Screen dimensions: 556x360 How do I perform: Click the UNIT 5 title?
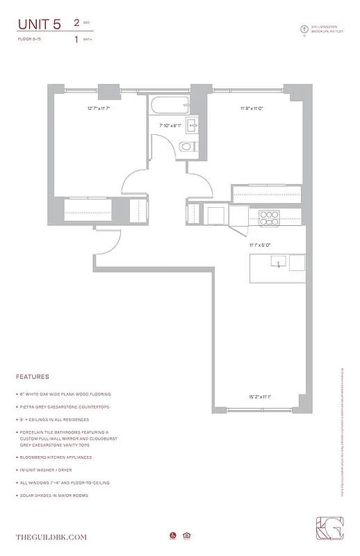click(39, 24)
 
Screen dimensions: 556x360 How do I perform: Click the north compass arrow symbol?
click(303, 29)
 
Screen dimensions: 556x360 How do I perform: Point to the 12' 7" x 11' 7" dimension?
click(99, 108)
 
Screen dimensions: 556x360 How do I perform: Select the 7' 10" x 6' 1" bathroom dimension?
click(170, 126)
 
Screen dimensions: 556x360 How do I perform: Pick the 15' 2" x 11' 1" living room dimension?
click(259, 397)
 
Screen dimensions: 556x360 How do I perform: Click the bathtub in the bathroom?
click(170, 108)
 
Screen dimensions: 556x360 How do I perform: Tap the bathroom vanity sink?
click(193, 126)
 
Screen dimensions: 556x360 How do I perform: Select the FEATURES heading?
click(32, 377)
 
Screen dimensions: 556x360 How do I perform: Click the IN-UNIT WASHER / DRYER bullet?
click(55, 470)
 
